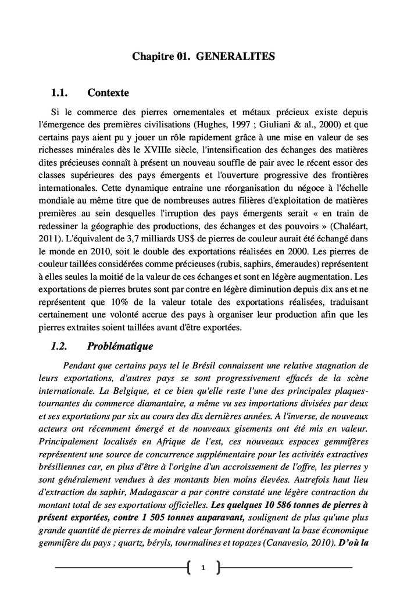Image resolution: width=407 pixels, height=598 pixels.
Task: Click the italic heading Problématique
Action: (120, 347)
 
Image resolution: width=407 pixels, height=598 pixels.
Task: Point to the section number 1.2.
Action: (60, 347)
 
